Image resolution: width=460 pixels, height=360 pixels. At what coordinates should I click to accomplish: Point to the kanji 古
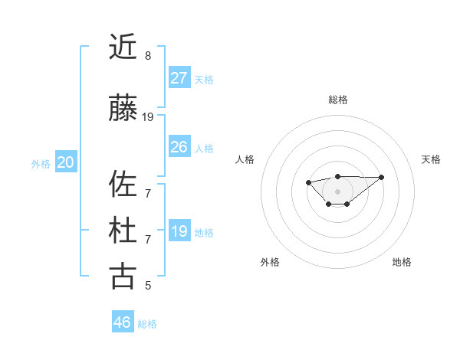point(123,276)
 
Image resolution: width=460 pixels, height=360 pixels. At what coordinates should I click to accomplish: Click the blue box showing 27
point(179,78)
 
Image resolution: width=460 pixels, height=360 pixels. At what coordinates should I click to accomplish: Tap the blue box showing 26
point(179,147)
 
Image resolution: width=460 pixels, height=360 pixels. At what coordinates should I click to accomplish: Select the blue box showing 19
point(179,231)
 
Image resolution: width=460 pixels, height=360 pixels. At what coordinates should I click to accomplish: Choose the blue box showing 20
point(66,162)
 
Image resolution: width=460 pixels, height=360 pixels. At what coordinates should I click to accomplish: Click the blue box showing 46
point(123,322)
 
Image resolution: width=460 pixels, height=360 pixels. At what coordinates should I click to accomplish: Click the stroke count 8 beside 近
point(148,56)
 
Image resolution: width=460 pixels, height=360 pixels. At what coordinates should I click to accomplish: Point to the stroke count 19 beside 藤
point(148,117)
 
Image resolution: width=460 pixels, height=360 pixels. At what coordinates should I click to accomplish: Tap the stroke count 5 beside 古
point(148,286)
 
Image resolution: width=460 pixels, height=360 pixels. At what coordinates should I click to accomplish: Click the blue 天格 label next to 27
point(204,80)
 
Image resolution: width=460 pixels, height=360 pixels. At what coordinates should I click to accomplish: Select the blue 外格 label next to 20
point(41,164)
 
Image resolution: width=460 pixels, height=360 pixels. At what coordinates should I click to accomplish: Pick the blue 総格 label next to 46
point(147,324)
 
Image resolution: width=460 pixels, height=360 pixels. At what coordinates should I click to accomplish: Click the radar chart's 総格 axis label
point(337,100)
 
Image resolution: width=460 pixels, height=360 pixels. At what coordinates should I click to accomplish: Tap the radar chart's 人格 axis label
point(245,159)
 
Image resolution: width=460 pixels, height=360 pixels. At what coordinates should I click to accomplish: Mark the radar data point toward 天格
point(382,177)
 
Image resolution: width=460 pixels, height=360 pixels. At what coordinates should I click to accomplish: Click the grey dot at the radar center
point(337,191)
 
